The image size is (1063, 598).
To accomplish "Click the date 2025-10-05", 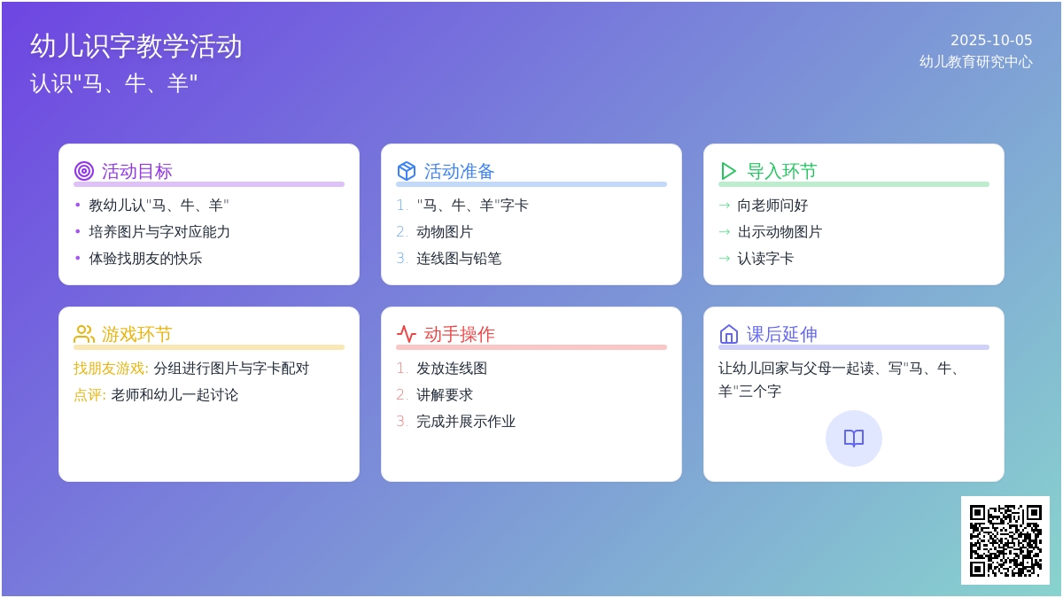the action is coord(991,41).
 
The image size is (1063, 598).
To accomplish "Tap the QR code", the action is coord(1005,540).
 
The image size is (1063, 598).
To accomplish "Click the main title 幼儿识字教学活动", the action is coord(136,46).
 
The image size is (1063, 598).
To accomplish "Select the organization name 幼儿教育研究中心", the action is coord(975,62).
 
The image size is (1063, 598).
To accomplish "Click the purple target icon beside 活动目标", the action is coord(84,171).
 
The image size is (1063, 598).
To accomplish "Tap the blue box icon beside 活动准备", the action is coord(407,171).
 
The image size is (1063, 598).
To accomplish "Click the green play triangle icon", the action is coord(728,171).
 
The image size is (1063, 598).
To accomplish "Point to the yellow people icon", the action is coord(84,334).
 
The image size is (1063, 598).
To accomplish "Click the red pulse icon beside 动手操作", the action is coord(407,334).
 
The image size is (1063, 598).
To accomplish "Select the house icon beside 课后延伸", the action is coord(729,334).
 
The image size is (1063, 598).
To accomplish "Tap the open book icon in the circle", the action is coord(854,438).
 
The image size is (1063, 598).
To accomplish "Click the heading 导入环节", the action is coord(782,171).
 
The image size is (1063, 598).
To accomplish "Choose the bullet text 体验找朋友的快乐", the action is coord(145,259).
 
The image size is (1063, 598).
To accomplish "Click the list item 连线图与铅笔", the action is coord(459,259).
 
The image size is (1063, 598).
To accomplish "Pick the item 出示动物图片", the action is coord(780,232).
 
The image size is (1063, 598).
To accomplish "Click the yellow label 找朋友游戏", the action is coord(109,369).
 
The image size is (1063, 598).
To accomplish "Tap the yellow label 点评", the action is coord(88,395).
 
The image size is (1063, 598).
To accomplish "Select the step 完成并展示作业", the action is coord(466,422).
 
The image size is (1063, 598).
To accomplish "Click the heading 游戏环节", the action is coord(136,335).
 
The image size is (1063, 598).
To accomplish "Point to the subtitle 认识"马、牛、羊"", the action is coord(114,83).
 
